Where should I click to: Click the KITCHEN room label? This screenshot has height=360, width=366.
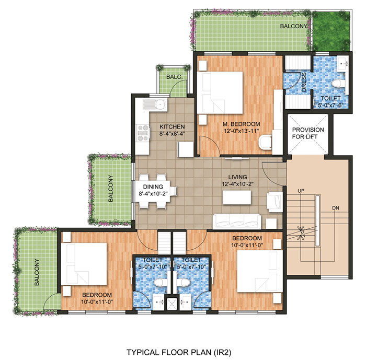(x=171, y=126)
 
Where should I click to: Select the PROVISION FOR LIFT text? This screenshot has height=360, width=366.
(x=307, y=133)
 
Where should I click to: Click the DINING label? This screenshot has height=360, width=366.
(x=152, y=187)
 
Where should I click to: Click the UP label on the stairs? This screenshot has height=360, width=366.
(x=301, y=191)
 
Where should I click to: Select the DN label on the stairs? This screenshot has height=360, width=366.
(x=335, y=208)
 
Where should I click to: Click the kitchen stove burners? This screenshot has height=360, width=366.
(x=142, y=134)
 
